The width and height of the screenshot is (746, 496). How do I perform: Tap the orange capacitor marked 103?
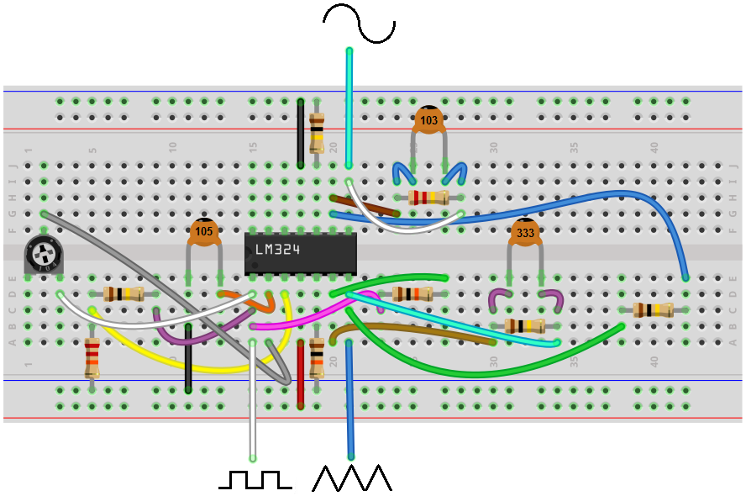(428, 119)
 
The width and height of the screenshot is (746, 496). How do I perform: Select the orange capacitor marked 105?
(203, 230)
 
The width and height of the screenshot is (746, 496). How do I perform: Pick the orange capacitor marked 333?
(525, 233)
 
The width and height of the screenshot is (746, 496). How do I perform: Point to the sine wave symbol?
(359, 23)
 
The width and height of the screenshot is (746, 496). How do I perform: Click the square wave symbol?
(255, 480)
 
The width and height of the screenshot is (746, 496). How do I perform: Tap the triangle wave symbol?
(352, 478)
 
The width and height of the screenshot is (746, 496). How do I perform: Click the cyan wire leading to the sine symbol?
(349, 109)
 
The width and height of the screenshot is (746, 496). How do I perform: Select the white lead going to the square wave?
(251, 404)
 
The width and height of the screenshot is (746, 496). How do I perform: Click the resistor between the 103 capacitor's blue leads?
(428, 198)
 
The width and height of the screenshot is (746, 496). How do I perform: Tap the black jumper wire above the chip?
(301, 133)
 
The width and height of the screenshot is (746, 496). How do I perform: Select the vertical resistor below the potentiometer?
(92, 359)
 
